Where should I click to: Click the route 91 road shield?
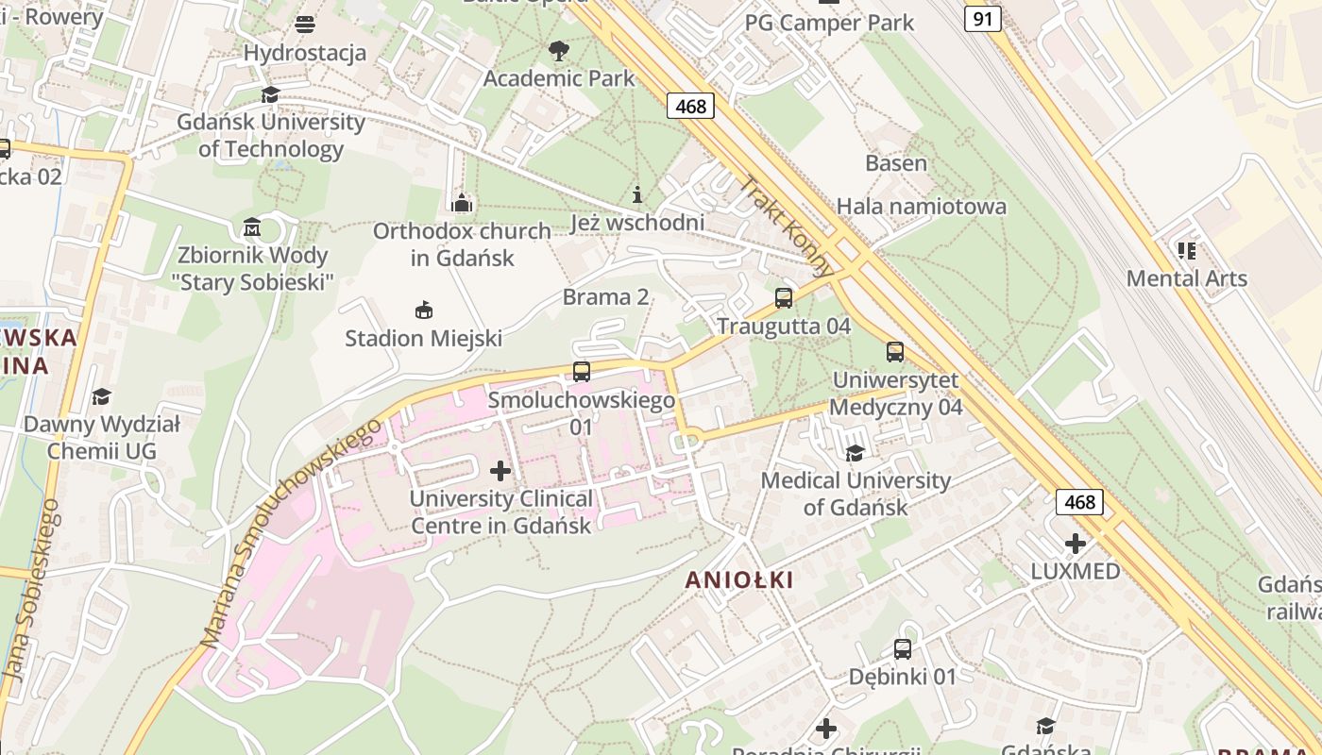point(982,18)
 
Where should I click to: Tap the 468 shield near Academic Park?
point(690,106)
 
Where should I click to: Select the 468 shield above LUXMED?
point(1079,501)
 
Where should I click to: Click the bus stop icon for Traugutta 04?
point(784,298)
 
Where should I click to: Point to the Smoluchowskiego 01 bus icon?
point(582,372)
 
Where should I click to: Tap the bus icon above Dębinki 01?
point(903,649)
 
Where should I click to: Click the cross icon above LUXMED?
point(1075,544)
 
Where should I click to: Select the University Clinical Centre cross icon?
point(500,471)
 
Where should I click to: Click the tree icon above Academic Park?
point(559,50)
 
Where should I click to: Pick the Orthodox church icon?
point(461,203)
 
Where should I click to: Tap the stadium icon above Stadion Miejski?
point(424,310)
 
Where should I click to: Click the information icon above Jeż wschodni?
point(637,195)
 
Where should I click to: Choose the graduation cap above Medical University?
point(855,453)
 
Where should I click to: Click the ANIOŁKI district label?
point(739,579)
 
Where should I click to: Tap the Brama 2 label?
point(605,297)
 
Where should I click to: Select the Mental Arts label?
point(1186,278)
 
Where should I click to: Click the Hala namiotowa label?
point(921,206)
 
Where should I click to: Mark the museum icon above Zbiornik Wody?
point(252,227)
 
